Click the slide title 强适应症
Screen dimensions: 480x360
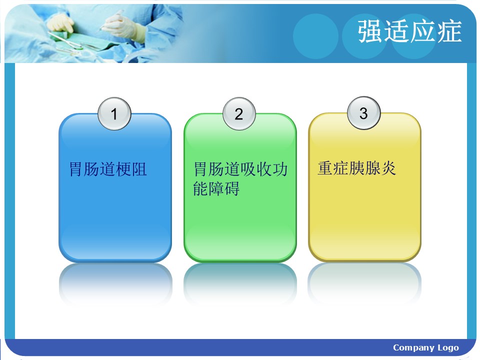coord(409,31)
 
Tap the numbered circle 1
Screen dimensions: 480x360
coord(114,114)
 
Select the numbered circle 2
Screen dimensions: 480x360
coord(239,114)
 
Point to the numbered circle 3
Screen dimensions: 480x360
coord(363,113)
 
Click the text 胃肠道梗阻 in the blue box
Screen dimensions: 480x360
coord(108,169)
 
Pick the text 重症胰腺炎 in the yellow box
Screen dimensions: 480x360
coord(357,168)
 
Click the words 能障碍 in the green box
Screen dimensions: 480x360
coord(216,188)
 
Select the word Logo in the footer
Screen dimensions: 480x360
coord(448,348)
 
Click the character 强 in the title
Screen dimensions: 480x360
coord(370,31)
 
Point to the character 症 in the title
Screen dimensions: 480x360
coord(449,31)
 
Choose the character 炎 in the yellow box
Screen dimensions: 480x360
coord(388,168)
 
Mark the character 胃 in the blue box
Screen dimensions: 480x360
coord(77,169)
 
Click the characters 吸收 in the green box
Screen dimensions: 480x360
coord(255,169)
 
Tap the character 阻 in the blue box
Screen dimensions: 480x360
coord(139,169)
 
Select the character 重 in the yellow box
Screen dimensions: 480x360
coord(325,168)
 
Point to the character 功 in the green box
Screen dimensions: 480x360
coord(279,169)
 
